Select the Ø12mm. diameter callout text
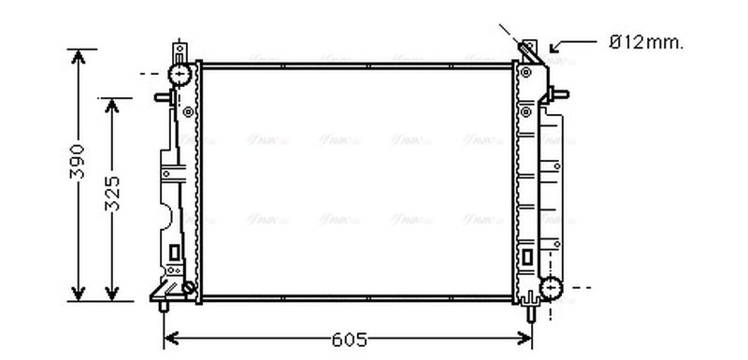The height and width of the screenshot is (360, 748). pyautogui.click(x=646, y=41)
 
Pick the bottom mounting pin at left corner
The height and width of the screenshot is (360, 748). pyautogui.click(x=166, y=304)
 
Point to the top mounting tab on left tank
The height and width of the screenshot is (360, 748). pyautogui.click(x=178, y=49)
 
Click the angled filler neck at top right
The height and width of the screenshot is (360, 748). pyautogui.click(x=529, y=54)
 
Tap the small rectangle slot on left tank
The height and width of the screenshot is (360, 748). pyautogui.click(x=174, y=251)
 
